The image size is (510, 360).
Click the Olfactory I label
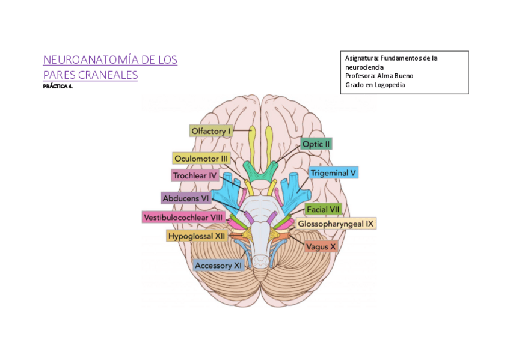tap(210, 131)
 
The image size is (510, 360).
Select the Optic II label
tap(316, 144)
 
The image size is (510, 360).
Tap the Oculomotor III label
tap(201, 159)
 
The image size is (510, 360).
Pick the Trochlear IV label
tap(194, 175)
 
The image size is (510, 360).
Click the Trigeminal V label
tap(333, 173)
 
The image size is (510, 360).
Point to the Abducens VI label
tap(185, 198)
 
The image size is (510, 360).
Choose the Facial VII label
tap(323, 209)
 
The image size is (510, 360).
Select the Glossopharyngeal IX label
tap(336, 224)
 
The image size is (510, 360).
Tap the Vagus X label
tap(321, 246)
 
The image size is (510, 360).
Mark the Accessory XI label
tap(218, 265)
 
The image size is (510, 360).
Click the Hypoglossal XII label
tap(197, 236)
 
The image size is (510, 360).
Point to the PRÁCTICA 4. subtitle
tap(58, 87)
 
